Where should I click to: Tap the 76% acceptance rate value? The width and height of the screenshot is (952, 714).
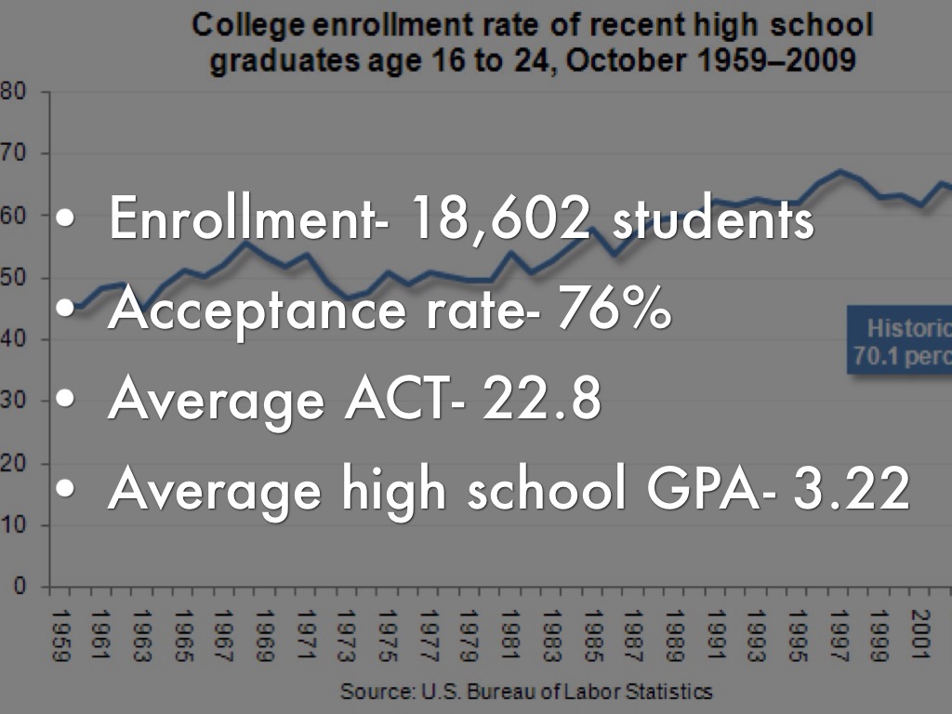[613, 311]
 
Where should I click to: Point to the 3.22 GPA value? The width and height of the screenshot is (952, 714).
[850, 491]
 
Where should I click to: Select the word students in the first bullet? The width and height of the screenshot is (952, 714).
[712, 219]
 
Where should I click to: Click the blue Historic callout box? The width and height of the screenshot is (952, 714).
[899, 341]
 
